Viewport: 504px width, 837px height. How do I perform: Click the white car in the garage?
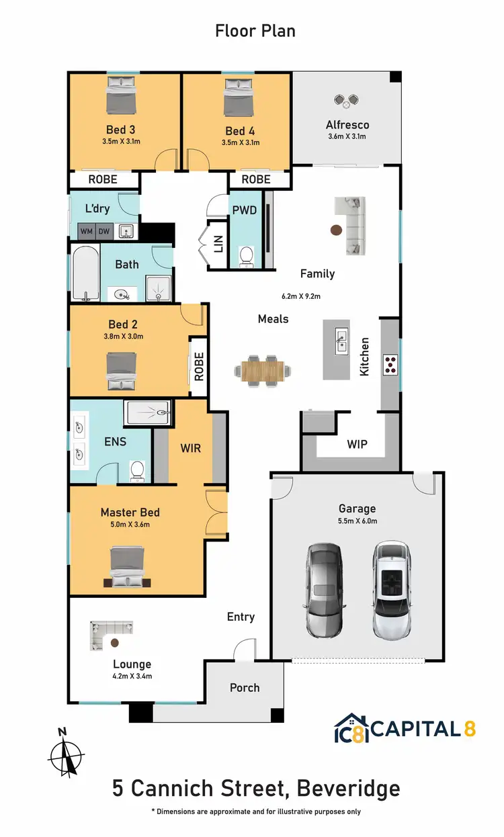(x=392, y=589)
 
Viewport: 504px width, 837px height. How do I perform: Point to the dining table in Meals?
(x=263, y=369)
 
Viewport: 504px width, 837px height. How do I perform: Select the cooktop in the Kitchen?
(x=390, y=364)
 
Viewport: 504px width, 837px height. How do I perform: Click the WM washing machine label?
(x=87, y=232)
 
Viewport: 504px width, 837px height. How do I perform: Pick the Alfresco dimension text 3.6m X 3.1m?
(x=347, y=136)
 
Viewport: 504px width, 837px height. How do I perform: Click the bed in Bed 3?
(x=122, y=95)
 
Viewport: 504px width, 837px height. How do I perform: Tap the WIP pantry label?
(x=357, y=444)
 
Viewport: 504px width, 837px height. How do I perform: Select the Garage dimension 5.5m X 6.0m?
(x=357, y=521)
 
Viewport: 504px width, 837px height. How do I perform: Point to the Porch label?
(x=245, y=687)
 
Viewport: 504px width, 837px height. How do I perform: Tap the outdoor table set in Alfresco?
(x=347, y=101)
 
